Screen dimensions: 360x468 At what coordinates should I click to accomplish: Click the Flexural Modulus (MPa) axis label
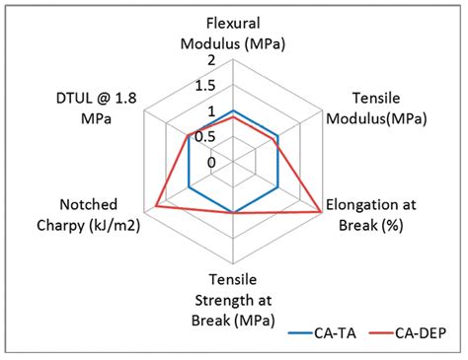[x=233, y=33]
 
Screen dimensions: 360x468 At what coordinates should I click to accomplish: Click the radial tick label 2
[x=210, y=61]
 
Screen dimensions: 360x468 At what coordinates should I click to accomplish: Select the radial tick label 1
[x=210, y=111]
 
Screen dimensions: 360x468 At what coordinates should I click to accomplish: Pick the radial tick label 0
[x=210, y=162]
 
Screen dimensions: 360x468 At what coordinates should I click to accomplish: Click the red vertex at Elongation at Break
[x=322, y=212]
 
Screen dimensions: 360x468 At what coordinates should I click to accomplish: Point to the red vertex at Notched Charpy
[x=156, y=205]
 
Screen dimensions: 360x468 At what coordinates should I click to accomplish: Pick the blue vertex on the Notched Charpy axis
[x=189, y=186]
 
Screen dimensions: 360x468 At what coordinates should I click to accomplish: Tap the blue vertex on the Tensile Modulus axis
[x=277, y=136]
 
